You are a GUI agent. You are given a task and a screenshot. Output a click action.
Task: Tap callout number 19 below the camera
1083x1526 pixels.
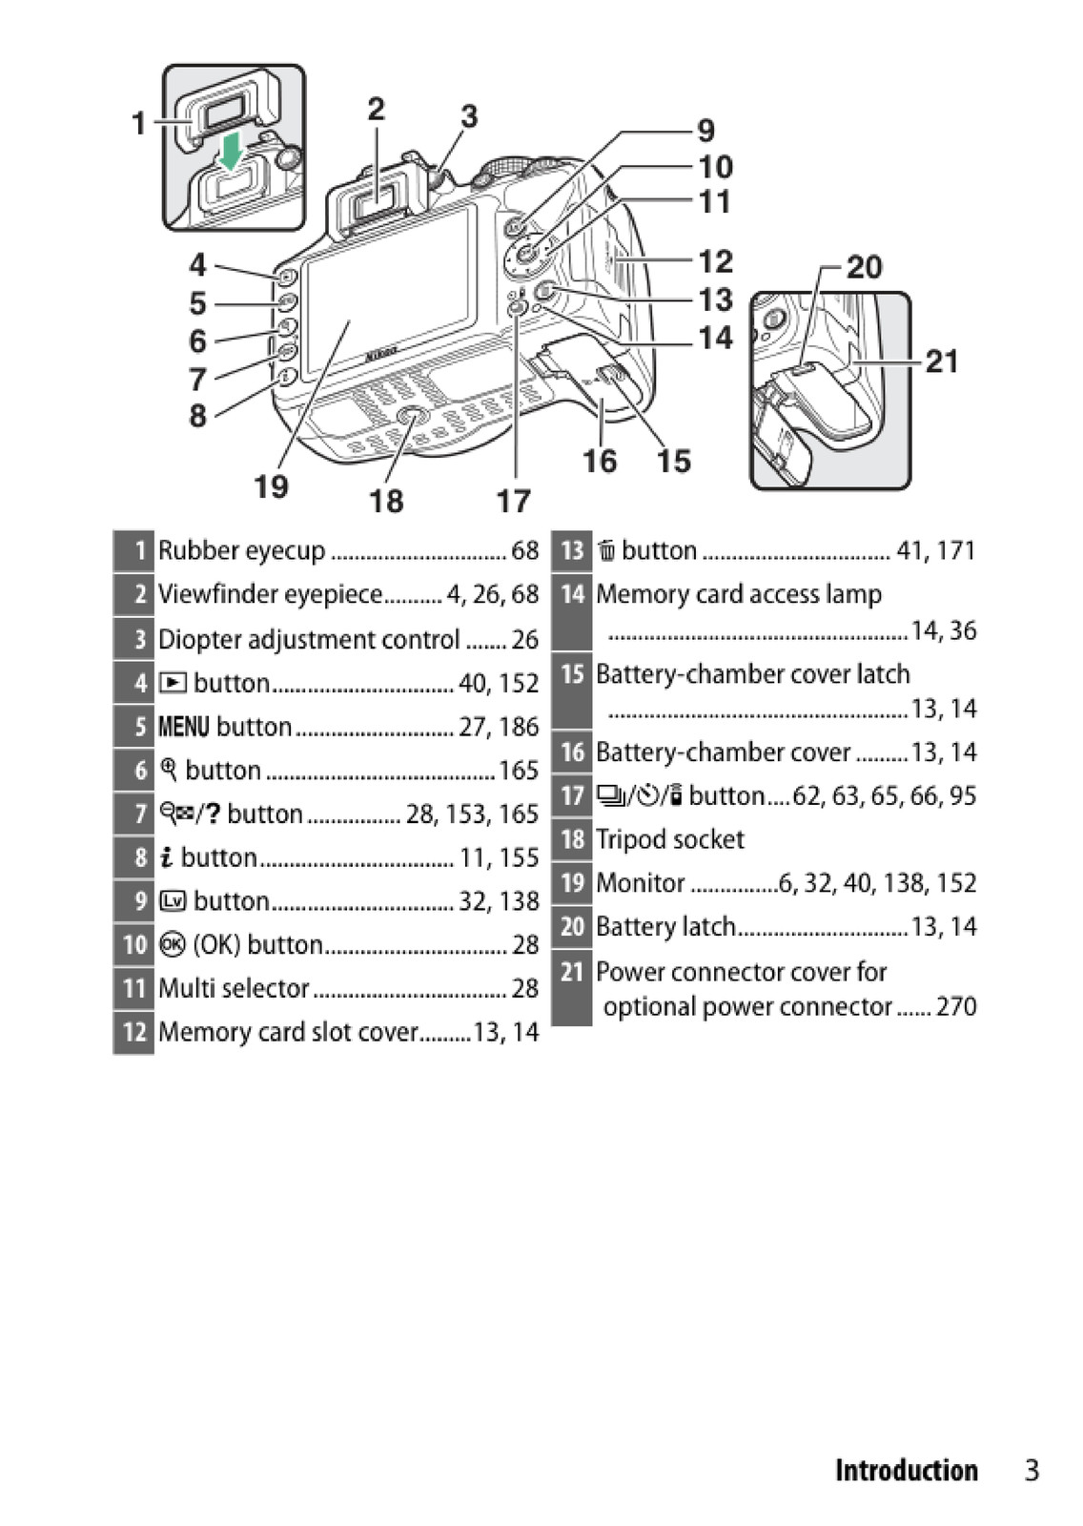(271, 486)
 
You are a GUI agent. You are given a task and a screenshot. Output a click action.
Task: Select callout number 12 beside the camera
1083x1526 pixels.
(715, 261)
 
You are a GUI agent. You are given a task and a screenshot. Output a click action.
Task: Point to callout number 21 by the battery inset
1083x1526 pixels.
(941, 361)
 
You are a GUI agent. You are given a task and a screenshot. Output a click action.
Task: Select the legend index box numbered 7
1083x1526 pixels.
(133, 814)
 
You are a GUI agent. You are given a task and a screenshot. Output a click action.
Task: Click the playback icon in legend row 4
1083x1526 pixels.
(173, 683)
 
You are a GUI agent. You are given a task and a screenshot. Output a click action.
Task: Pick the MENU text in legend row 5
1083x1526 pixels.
(184, 727)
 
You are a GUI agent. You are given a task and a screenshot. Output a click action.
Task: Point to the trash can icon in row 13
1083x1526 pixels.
(605, 551)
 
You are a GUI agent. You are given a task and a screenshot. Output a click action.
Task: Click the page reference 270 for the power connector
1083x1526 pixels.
(956, 1006)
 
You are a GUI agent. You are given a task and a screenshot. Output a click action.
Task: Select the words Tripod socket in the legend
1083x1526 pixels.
(670, 839)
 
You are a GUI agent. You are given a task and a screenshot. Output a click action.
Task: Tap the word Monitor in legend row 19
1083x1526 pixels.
(641, 883)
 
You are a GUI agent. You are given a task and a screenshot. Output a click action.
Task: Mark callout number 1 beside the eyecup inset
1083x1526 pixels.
(139, 123)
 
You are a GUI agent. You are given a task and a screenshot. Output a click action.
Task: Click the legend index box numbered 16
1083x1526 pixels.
(572, 753)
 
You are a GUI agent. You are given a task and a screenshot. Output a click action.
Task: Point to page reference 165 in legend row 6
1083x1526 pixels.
(519, 771)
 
